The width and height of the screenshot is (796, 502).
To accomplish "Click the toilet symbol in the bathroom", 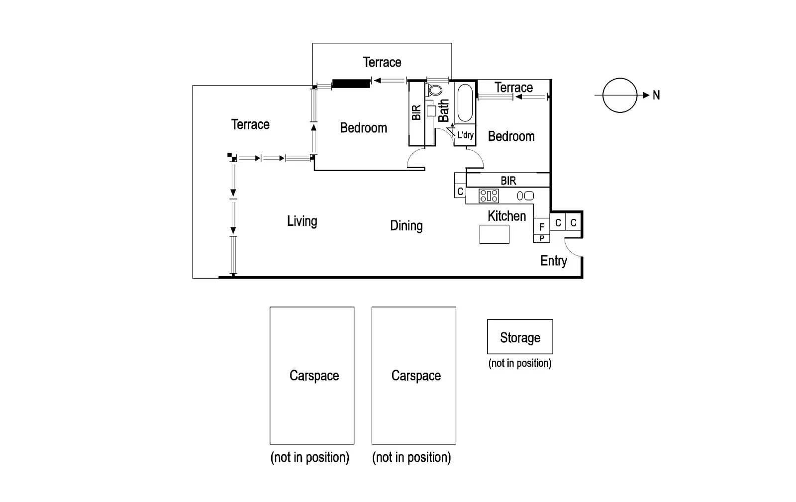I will point(435,90).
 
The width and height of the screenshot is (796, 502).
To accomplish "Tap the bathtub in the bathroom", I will point(465,103).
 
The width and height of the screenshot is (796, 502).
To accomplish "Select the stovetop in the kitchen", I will point(489,196).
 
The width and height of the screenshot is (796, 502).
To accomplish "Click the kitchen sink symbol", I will point(525,196).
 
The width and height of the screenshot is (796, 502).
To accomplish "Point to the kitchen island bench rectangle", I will point(494,234).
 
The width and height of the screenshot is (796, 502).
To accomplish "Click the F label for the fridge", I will point(542,227).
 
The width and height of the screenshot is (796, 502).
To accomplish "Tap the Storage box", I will point(520,337).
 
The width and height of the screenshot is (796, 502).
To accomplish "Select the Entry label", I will point(553,261).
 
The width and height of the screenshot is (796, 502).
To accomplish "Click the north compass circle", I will point(619,95).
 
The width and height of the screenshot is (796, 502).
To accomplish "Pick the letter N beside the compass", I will point(656,95).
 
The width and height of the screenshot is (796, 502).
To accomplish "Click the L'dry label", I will point(465,135).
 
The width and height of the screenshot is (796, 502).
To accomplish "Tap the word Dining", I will point(406,226).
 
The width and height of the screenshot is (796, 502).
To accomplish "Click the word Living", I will point(302,221).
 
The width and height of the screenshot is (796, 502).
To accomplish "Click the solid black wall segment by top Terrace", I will point(351,83).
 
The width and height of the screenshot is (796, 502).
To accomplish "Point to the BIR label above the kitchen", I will point(508,181).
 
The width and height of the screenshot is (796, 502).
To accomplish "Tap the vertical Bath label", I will point(443,110).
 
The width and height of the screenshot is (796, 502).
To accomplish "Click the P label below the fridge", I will point(542,239).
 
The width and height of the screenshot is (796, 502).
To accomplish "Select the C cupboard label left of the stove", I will point(460,191).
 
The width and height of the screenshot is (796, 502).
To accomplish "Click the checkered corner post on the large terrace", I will point(232,157).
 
